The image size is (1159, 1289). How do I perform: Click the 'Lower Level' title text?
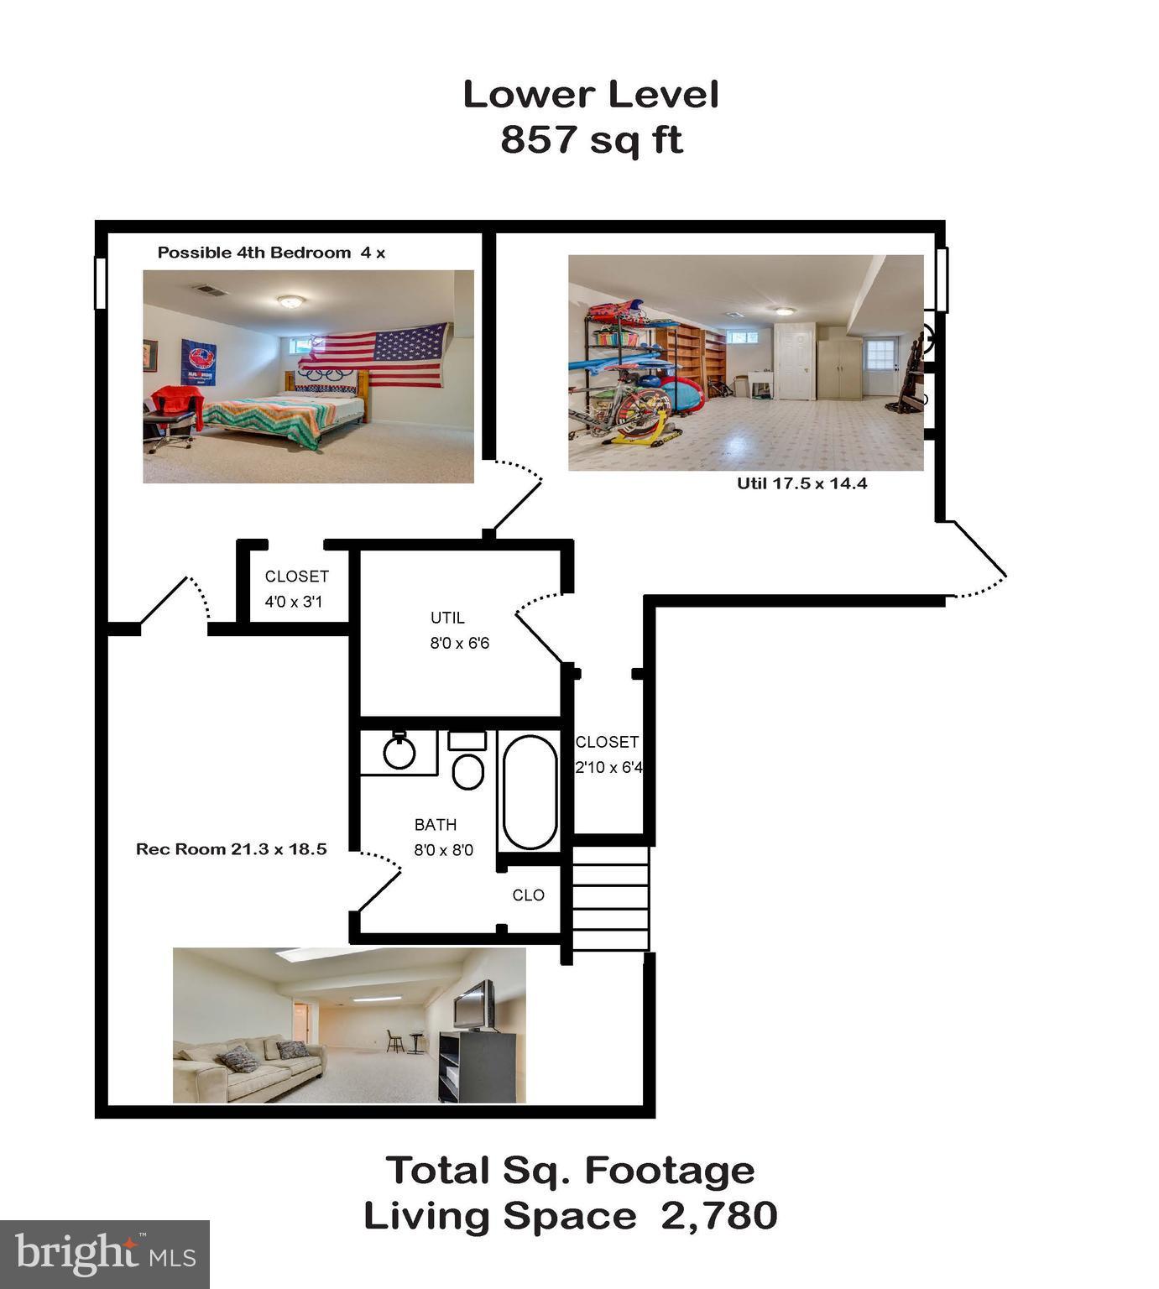591,94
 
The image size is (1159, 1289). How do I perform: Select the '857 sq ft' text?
591,139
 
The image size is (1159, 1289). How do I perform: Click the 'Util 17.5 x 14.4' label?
801,483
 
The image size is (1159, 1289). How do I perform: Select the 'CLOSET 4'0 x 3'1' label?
296,588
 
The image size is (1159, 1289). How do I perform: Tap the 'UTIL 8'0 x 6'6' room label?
458,630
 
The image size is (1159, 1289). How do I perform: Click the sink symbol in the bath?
399,751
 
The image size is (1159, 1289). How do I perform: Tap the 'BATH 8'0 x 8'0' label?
443,837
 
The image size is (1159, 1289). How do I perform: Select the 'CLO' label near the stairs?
528,895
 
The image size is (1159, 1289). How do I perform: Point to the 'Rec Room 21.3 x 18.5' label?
231,849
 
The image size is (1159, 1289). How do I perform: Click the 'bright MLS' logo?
105,1255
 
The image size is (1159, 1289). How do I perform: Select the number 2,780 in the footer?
719,1215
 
